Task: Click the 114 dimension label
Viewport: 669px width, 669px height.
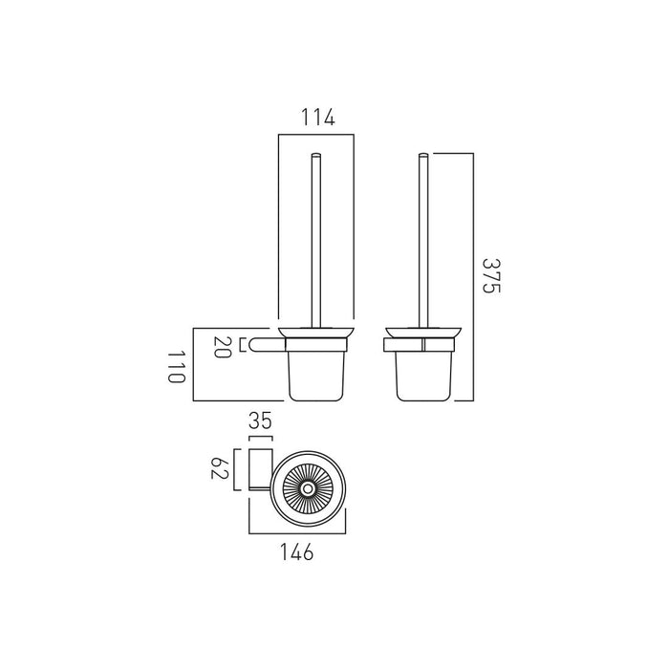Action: point(318,118)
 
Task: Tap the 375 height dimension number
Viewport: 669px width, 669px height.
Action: point(491,276)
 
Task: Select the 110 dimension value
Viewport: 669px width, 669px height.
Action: point(176,367)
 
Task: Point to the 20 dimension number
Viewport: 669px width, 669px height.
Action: point(222,347)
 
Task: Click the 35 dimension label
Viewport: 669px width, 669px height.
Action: point(260,421)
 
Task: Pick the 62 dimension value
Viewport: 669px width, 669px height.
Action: point(220,468)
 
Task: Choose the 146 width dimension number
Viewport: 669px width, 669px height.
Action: point(297,551)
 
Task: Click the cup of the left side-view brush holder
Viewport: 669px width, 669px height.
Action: point(316,376)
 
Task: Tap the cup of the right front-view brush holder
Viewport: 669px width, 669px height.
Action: point(423,376)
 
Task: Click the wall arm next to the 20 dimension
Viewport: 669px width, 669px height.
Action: point(268,345)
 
